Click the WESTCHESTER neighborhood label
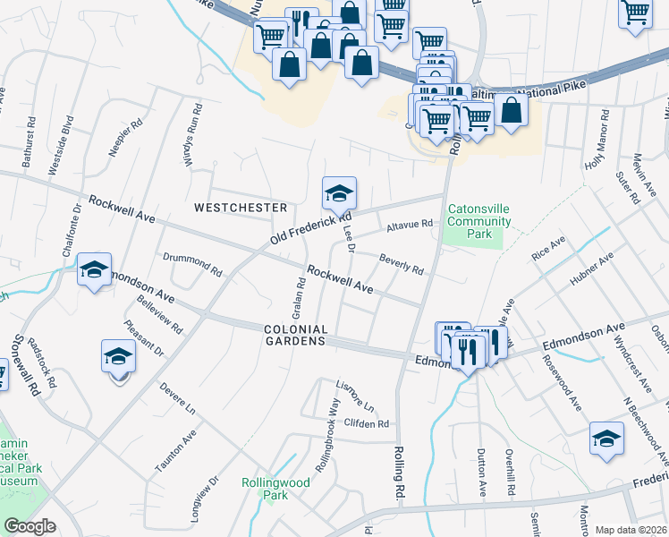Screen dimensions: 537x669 pos(241,207)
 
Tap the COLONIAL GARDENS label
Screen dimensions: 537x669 pos(293,336)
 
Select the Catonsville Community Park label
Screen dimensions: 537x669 pos(479,222)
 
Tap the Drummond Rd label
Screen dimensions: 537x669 pos(192,263)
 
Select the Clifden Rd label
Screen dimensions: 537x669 pos(367,423)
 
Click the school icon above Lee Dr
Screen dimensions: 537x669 pos(340,192)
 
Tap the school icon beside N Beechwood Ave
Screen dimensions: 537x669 pos(606,439)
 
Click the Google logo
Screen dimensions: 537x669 pos(30,526)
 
